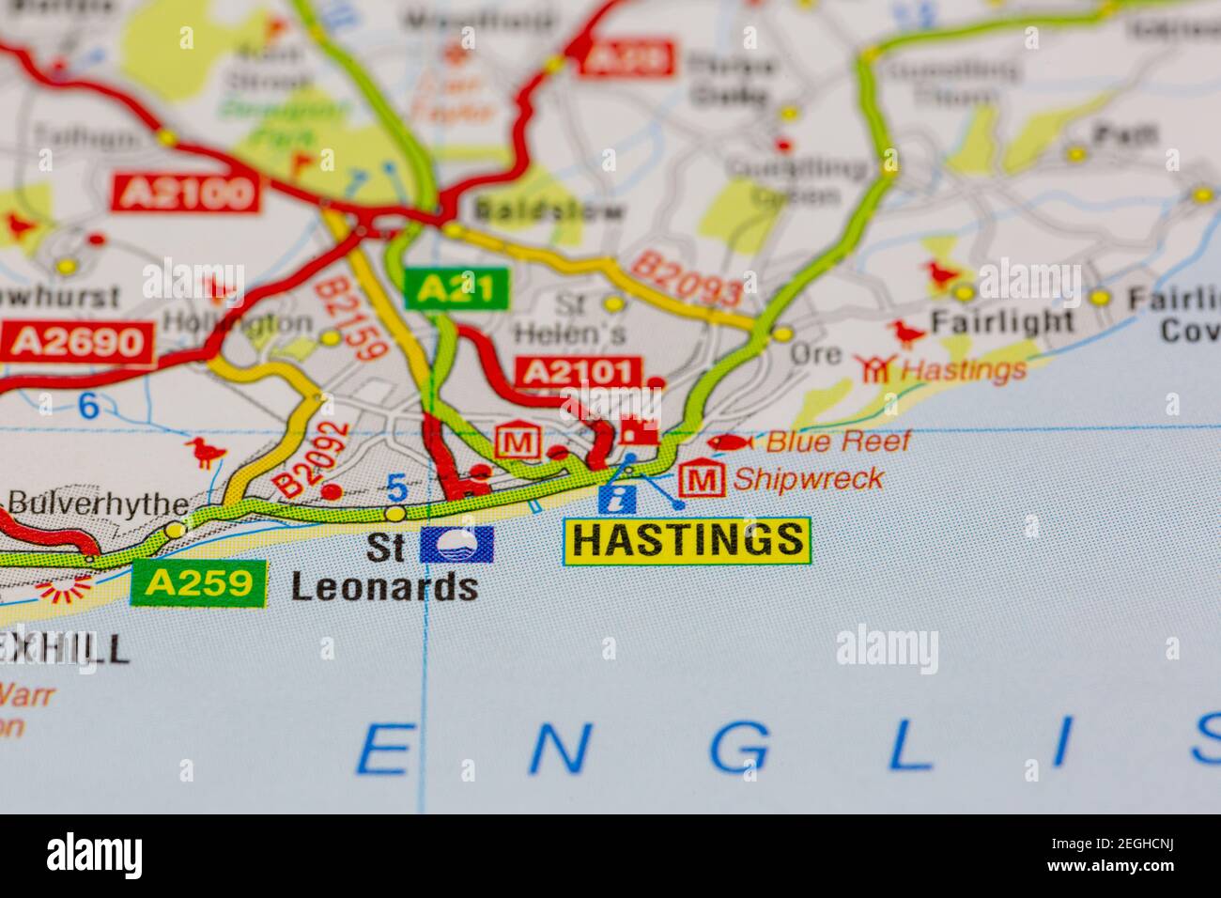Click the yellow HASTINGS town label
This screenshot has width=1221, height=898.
pos(687,540)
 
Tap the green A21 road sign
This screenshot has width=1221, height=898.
pos(456,288)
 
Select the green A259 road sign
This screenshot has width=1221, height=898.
pos(199,583)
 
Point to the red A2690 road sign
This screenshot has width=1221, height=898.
pos(77,343)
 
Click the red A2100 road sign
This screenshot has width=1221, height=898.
pos(185,194)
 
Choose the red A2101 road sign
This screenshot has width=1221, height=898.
pos(577,373)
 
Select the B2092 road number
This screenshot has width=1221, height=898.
pos(312,458)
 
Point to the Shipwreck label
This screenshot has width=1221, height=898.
pos(807,479)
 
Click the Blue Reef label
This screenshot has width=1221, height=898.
pos(838,441)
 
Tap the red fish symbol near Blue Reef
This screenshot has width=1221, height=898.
pos(730,441)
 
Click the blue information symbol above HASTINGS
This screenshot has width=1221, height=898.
pos(616,499)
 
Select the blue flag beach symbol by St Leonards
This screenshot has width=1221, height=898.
pos(456,544)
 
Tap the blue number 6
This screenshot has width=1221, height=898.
pos(88,407)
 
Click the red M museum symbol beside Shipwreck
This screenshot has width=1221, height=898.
pos(703,480)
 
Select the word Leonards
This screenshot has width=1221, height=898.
pos(384,588)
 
